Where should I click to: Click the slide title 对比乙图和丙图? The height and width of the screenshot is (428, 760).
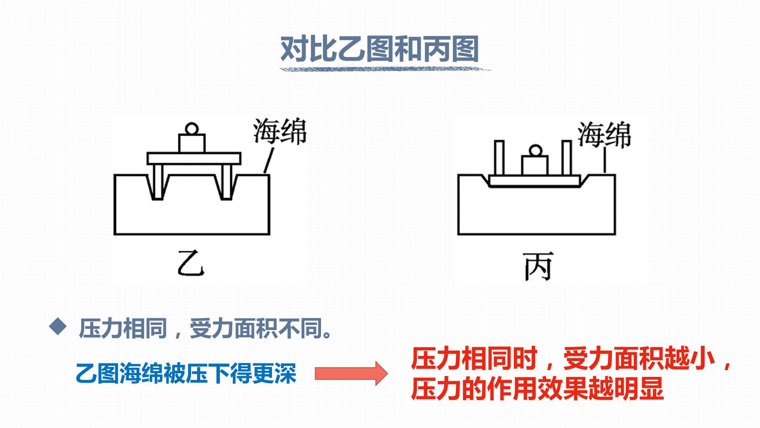(380, 49)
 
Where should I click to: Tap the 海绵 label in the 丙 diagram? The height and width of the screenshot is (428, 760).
(604, 135)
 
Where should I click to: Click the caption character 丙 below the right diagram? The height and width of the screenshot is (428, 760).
(538, 266)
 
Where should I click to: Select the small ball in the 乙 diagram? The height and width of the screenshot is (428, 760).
(192, 129)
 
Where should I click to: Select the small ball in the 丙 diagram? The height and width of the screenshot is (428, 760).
(535, 151)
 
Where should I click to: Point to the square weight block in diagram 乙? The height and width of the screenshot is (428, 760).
(192, 143)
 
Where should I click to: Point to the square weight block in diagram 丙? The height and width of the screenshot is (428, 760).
(535, 166)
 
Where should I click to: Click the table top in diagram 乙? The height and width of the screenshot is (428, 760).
(194, 159)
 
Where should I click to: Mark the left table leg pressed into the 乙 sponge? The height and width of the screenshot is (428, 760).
(158, 182)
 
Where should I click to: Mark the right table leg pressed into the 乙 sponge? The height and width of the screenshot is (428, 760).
(226, 182)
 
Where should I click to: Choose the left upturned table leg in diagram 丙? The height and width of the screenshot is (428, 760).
(500, 158)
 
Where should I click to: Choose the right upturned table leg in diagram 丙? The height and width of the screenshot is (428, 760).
(567, 158)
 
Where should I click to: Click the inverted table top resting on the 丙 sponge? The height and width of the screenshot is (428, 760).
(535, 181)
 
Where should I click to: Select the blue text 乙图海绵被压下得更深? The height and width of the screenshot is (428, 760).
(186, 373)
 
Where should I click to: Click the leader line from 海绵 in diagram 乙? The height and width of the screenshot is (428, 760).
(268, 160)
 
